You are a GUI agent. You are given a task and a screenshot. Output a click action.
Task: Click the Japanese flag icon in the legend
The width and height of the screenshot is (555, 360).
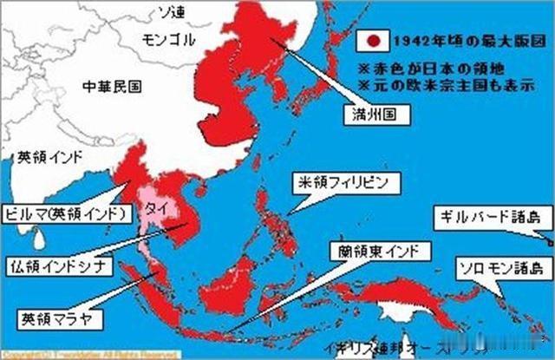pyautogui.click(x=374, y=41)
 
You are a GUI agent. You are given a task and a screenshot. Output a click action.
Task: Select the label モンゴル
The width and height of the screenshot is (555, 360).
pyautogui.click(x=168, y=41)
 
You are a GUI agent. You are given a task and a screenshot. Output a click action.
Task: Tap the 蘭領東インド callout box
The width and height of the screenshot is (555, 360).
pyautogui.click(x=379, y=252)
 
